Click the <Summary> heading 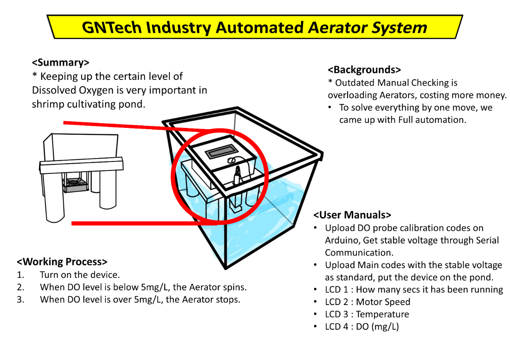pyautogui.click(x=60, y=62)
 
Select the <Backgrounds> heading pyautogui.click(x=364, y=70)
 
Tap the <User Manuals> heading pyautogui.click(x=352, y=215)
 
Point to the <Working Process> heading pyautogui.click(x=62, y=261)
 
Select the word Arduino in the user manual pyautogui.click(x=342, y=240)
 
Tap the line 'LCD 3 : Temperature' pyautogui.click(x=367, y=314)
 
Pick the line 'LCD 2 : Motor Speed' pyautogui.click(x=368, y=302)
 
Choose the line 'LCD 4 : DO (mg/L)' pyautogui.click(x=362, y=326)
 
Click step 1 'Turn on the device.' pyautogui.click(x=80, y=275)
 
